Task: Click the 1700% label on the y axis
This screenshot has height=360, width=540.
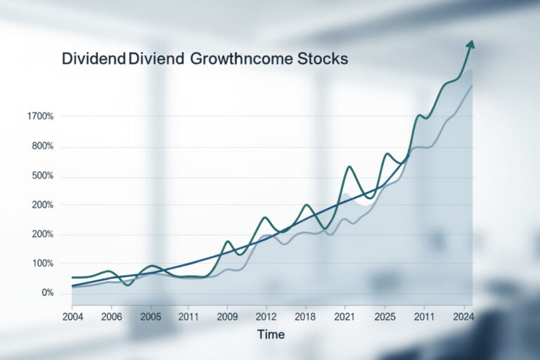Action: [x=39, y=116]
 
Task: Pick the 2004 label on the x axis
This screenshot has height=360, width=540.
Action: [x=72, y=317]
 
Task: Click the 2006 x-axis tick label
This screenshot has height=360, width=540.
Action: [x=112, y=317]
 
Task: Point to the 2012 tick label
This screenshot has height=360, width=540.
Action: [x=266, y=317]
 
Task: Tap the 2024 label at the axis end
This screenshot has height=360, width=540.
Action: [x=462, y=317]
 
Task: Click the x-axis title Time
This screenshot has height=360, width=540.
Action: [x=271, y=334]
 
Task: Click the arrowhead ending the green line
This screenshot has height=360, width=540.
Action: [x=470, y=45]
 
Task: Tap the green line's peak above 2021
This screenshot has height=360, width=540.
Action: [x=349, y=167]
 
